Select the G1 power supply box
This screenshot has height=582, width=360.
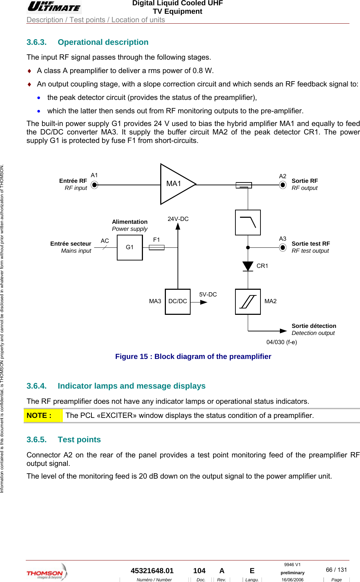point(130,247)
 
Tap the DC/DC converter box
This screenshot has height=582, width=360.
point(178,301)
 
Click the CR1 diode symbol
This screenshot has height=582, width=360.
point(248,266)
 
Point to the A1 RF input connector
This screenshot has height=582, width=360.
point(94,185)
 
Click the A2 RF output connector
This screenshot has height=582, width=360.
point(283,185)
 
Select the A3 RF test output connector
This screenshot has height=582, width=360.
point(283,247)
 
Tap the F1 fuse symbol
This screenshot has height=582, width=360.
point(156,247)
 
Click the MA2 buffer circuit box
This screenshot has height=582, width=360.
point(248,301)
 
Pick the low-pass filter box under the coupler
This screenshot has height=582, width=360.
point(248,222)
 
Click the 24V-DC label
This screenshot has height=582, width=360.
point(178,219)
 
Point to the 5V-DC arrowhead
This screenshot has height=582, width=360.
point(204,302)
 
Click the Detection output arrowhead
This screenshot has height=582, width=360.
point(283,331)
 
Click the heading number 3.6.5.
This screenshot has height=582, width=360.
point(36,439)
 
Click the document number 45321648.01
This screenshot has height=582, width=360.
point(152,571)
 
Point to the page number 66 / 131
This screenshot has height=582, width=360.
point(336,570)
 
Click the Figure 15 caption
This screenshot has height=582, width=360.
point(193,356)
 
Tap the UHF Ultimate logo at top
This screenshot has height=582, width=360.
point(54,7)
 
